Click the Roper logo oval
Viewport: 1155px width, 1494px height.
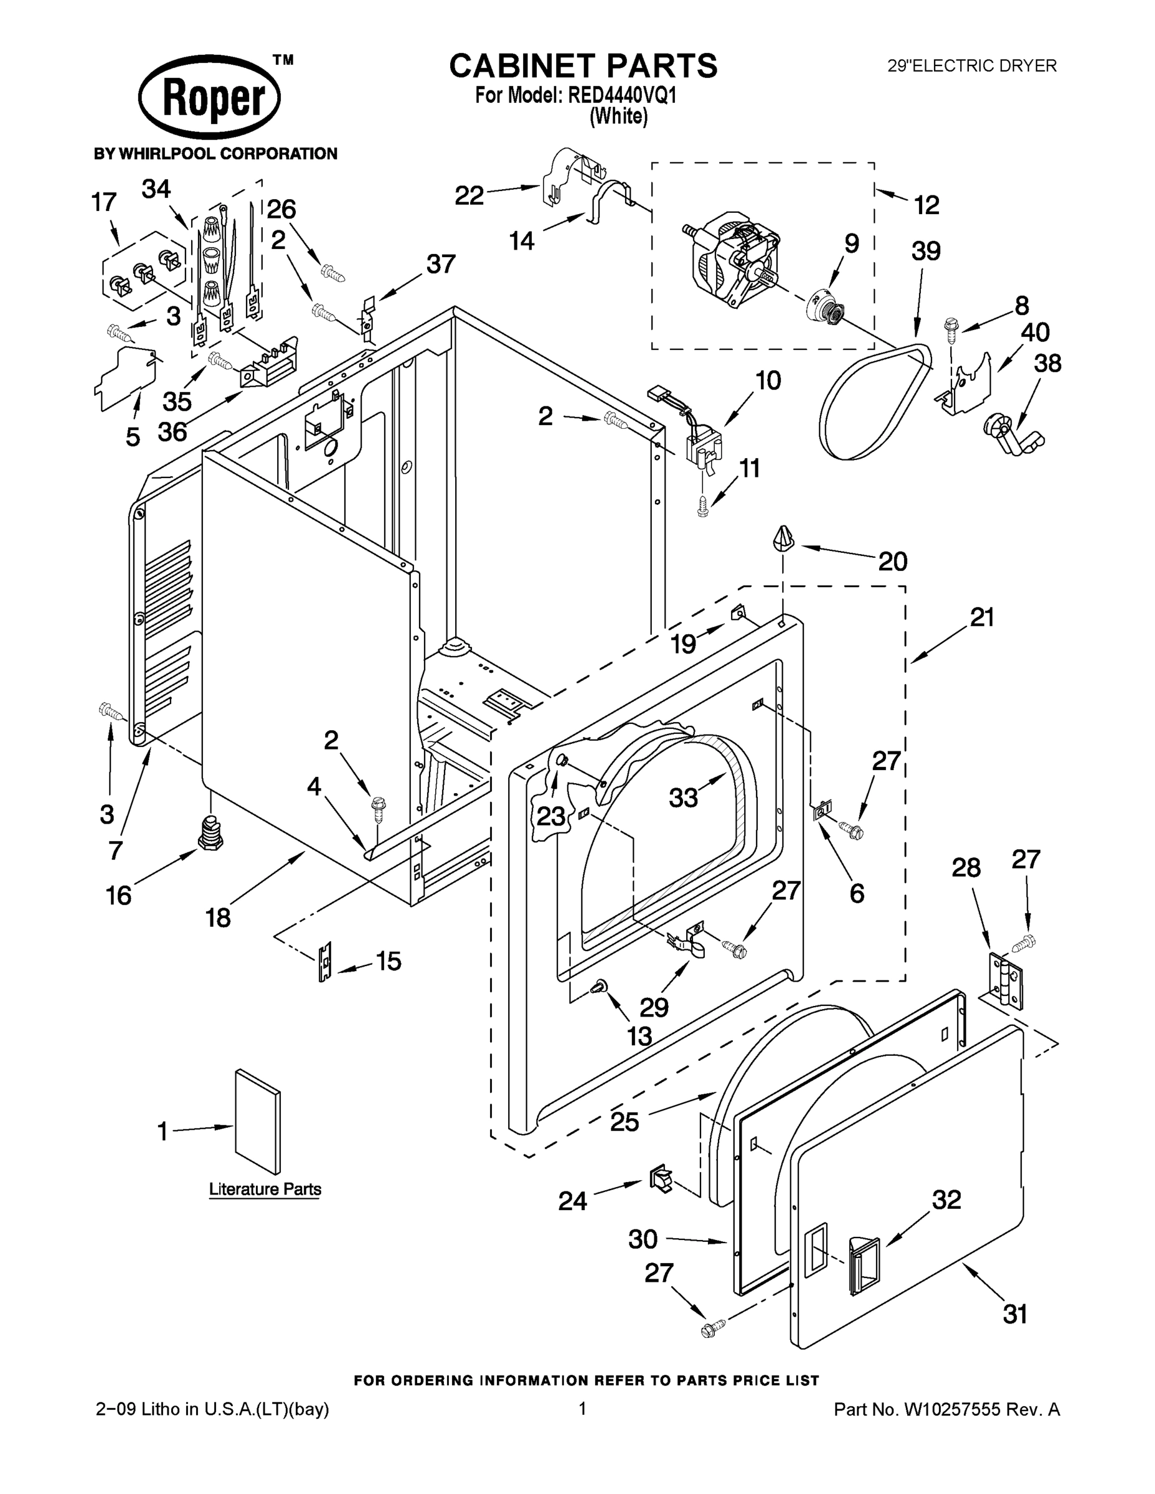(x=209, y=96)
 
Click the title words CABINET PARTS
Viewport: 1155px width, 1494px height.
(x=583, y=67)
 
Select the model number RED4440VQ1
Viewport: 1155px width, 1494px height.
(x=621, y=96)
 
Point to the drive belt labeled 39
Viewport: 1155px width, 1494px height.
(x=876, y=403)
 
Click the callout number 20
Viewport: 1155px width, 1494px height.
(x=892, y=561)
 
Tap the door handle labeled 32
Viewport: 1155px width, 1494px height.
(x=864, y=1265)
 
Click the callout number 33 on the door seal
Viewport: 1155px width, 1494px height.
(x=683, y=797)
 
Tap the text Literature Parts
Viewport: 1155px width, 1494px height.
(x=265, y=1189)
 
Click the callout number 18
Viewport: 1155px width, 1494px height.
(x=217, y=918)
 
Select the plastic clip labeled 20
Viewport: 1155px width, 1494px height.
(x=783, y=538)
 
